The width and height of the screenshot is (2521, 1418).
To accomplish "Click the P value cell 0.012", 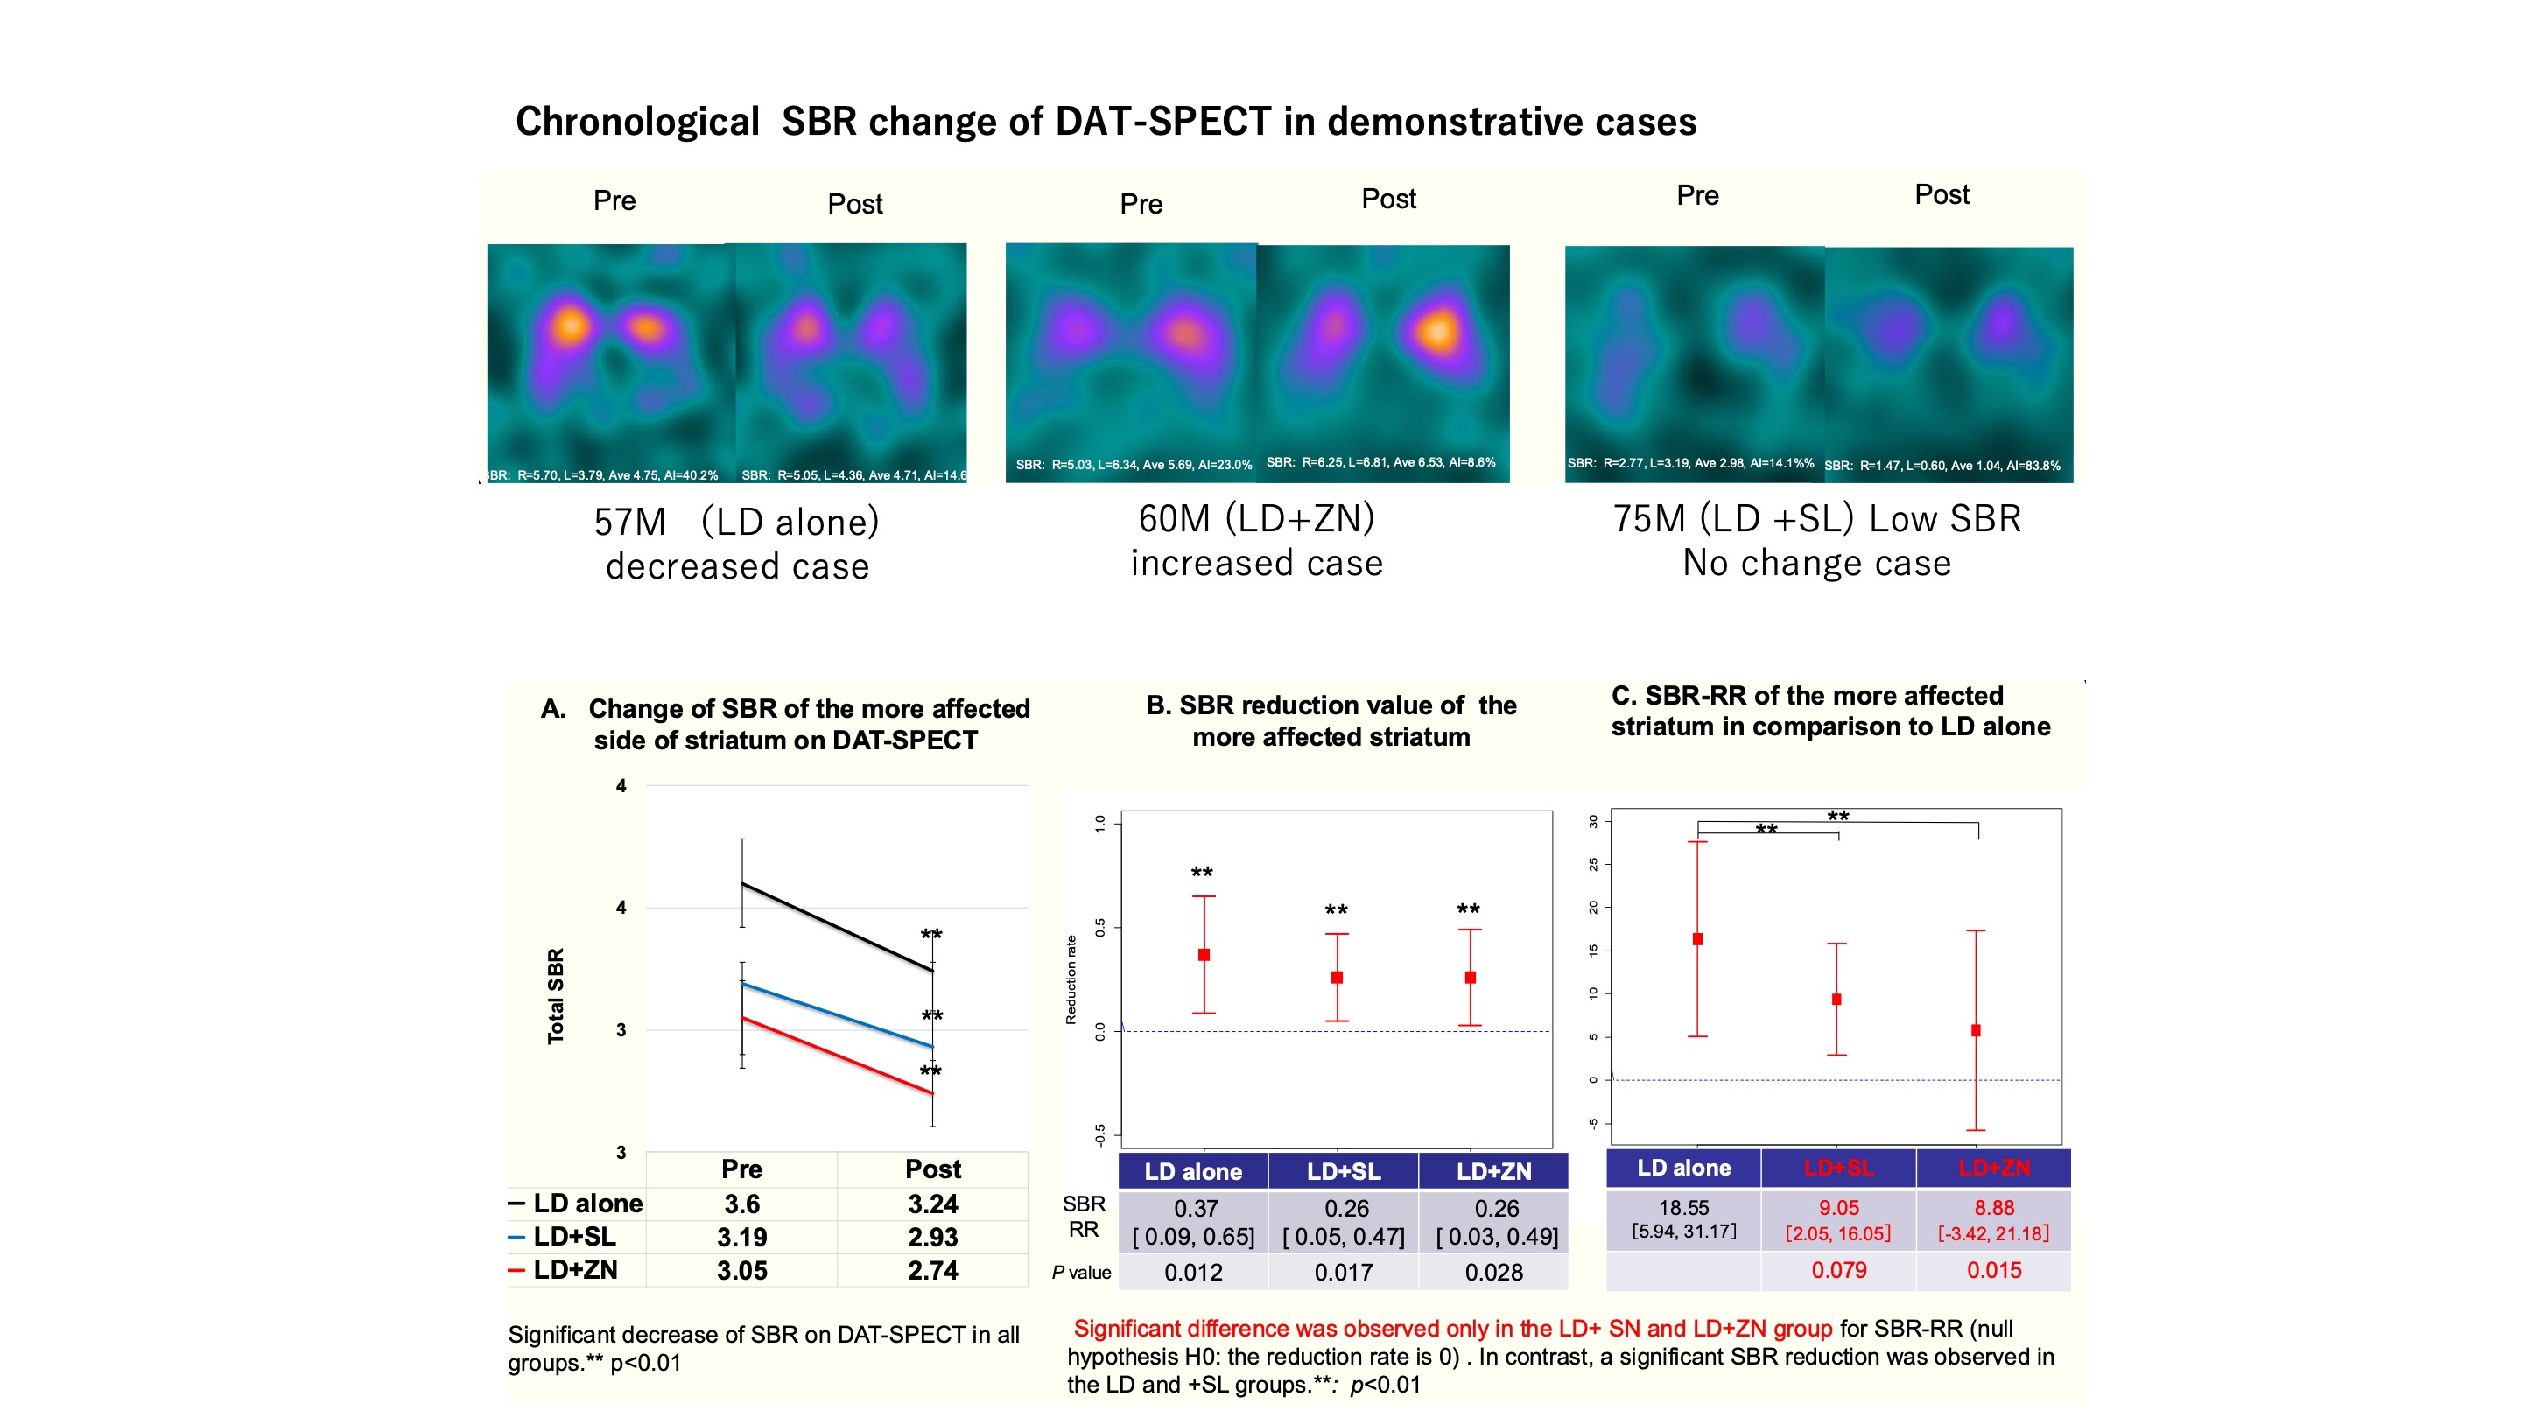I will coord(1193,1272).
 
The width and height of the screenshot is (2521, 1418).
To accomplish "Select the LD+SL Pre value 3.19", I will coord(741,1237).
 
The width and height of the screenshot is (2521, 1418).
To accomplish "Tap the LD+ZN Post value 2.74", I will coord(932,1270).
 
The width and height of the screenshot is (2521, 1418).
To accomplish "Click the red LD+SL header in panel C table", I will coord(1838,1168).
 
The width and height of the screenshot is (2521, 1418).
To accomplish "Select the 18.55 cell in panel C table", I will coord(1683,1208).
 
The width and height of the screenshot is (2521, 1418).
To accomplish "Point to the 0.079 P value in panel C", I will coord(1838,1270).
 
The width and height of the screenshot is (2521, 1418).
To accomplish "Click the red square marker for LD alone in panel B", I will coord(1204,954).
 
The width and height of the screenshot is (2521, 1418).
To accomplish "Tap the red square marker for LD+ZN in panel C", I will coord(1976,1030).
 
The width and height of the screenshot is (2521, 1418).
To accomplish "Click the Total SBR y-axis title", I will coord(556,996).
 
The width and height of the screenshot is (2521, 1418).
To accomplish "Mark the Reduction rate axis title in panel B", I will coord(1071,979).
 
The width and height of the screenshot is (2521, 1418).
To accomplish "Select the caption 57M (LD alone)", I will coord(737,522).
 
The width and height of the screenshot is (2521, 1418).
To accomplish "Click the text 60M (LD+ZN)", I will coord(1257,517).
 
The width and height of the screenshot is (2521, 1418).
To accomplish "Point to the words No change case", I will coord(1816,563).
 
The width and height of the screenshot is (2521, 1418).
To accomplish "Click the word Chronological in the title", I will coord(637,122).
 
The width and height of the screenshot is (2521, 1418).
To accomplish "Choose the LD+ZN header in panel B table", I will coord(1493,1171).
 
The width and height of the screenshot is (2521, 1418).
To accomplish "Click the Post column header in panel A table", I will coord(932,1169).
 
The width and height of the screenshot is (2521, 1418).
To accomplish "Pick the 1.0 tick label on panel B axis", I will coord(1100,823).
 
